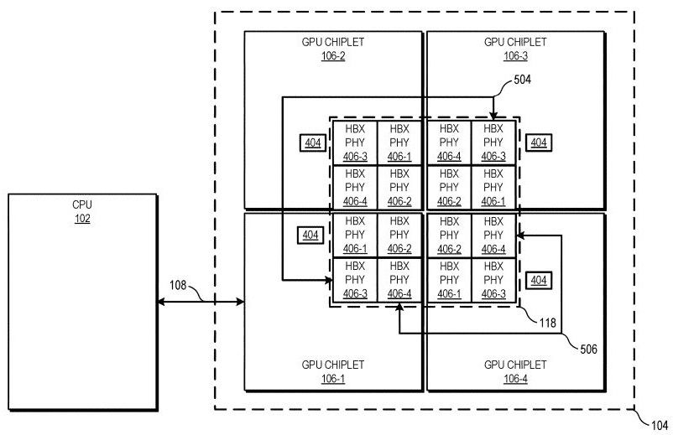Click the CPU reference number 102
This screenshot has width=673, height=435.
pos(82,219)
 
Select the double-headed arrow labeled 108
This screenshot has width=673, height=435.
pos(200,299)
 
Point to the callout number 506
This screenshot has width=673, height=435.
pos(587,350)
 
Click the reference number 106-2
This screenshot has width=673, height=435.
pos(333,56)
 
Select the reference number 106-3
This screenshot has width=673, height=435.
pos(515,56)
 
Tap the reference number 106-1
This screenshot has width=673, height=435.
pos(333,378)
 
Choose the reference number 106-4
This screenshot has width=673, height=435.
pos(515,378)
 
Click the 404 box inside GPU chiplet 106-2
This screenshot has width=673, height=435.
pos(312,143)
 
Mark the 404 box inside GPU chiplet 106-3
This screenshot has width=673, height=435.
pos(538,143)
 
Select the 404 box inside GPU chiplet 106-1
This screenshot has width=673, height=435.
pos(311,236)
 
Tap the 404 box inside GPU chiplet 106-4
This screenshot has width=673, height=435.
pos(538,280)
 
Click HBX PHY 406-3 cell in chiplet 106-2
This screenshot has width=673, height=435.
pos(355,142)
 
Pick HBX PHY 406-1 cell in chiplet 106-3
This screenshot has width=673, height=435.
pos(493,188)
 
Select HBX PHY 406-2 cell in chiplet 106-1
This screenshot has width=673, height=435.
pos(399,235)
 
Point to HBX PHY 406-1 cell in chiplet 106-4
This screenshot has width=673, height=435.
pos(449,280)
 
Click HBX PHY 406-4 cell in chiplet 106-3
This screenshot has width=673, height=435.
pos(449,142)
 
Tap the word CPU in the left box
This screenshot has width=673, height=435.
pos(82,205)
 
